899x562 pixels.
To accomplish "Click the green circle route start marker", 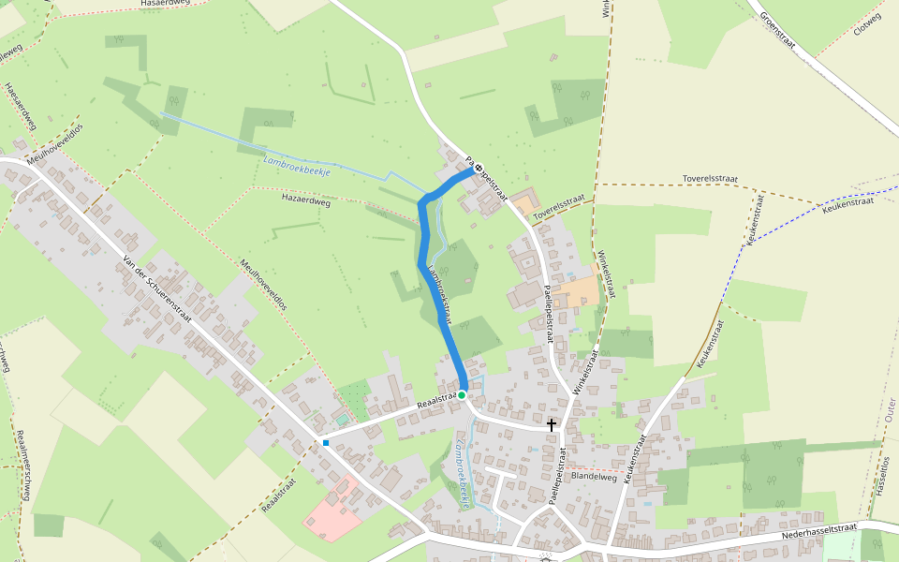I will (462, 395).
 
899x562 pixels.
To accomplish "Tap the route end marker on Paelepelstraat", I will (479, 169).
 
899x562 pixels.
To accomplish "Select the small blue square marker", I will (326, 442).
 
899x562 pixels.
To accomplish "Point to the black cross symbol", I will (552, 424).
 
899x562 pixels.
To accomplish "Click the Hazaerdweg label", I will (306, 199).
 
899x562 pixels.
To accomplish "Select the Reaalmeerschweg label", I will (22, 464).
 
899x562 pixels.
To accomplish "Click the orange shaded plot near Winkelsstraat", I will (578, 292).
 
